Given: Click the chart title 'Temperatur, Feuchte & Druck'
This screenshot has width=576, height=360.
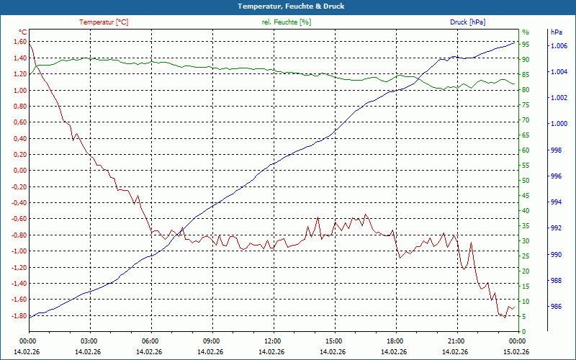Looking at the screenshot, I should coord(287,6).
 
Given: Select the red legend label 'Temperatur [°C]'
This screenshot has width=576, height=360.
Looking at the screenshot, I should coord(104,22).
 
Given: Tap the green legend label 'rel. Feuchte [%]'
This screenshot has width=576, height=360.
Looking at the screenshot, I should coord(287,22).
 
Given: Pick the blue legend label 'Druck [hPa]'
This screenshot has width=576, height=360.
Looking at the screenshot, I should coord(467,22).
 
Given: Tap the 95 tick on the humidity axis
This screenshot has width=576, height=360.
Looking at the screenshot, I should coord(526,45).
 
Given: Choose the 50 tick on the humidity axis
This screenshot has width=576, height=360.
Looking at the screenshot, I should coord(526,181).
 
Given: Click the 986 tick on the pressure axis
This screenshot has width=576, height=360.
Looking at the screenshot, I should coord(555,307).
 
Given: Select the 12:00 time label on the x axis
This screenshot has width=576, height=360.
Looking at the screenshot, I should coord(272,341).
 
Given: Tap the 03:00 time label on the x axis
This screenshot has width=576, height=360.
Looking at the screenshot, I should coord(89,341).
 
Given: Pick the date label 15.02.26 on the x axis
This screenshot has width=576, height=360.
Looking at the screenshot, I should coord(516,351).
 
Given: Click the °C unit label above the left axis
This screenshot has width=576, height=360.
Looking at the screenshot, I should coord(22,32).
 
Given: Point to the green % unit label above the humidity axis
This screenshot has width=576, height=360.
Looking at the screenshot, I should coord(525,32).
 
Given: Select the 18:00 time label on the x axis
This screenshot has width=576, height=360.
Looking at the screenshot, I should coord(395,341).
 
